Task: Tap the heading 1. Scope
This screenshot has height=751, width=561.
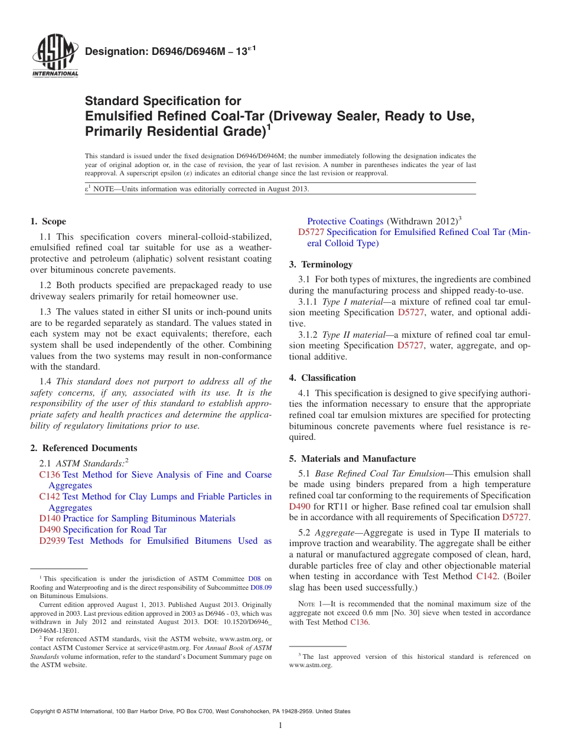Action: (48, 221)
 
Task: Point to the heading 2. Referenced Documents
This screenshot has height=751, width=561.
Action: (83, 448)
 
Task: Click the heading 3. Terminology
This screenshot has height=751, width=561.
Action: (321, 265)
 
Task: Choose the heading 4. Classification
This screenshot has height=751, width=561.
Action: (322, 378)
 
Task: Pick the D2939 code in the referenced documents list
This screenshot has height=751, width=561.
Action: (52, 541)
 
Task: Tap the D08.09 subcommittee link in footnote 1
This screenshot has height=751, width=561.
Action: (261, 587)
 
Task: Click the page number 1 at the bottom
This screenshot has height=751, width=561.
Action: (280, 726)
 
